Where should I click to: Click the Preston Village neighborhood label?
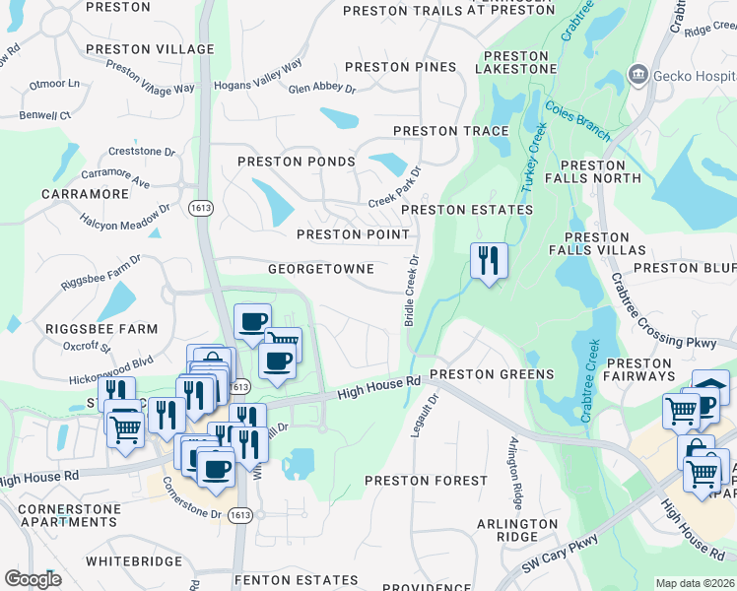coord(150,49)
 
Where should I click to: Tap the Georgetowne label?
coord(321,269)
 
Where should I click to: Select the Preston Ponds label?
coord(296,162)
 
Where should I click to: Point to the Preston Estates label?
coord(466,210)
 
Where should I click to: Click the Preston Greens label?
coord(492,375)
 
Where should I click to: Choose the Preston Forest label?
coord(426,481)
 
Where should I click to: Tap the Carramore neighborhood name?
coord(85,194)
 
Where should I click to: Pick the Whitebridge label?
coord(133,561)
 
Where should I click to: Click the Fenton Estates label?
coord(301,581)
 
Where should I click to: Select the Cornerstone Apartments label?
coord(69,516)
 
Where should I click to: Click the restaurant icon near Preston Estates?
coord(489,261)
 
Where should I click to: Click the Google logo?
coord(33,579)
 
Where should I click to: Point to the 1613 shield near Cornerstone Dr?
coord(237,515)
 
